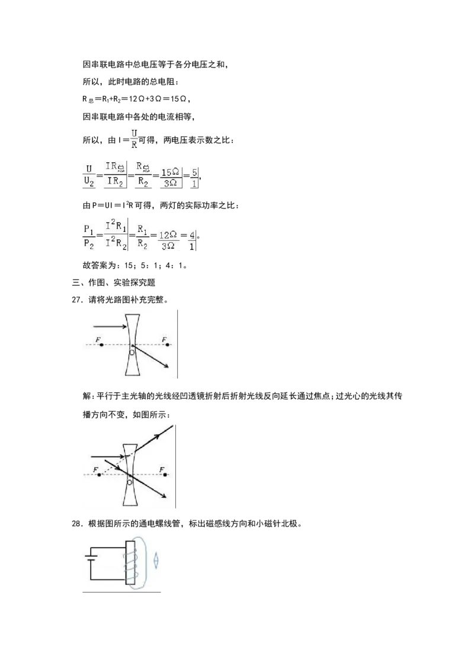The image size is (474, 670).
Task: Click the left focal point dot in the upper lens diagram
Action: click(x=101, y=345)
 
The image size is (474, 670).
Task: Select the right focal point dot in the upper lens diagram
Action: click(x=167, y=345)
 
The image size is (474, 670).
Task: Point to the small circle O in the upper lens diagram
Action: click(x=132, y=353)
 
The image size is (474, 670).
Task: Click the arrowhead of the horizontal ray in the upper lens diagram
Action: click(x=124, y=327)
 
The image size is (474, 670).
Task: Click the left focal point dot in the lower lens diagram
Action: click(x=100, y=475)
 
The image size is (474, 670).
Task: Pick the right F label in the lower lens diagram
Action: click(x=162, y=469)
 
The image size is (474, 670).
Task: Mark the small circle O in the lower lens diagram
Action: click(x=130, y=482)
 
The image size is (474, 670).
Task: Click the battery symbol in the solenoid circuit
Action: click(x=90, y=558)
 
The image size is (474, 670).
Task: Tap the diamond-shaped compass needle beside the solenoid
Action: click(x=156, y=560)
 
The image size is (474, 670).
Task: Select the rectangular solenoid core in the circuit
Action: click(x=130, y=563)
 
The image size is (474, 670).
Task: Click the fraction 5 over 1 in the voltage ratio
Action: click(x=194, y=178)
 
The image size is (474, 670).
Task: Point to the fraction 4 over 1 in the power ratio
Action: click(x=192, y=240)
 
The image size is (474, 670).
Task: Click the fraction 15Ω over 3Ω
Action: click(x=170, y=178)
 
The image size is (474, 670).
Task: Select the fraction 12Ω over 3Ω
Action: click(x=168, y=240)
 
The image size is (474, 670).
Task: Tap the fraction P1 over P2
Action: click(x=88, y=237)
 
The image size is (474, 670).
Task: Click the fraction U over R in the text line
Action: click(x=134, y=139)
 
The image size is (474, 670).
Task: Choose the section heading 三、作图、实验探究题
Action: click(x=113, y=282)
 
